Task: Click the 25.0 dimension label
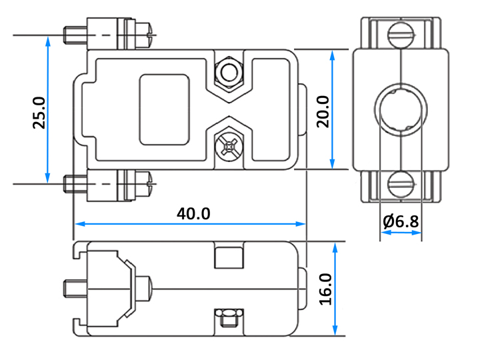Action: [39, 113]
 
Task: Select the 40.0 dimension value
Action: [193, 214]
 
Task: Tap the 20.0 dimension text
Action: [323, 111]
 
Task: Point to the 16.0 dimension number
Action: [326, 289]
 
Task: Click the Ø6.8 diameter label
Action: [401, 221]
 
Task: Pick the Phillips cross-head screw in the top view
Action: [229, 147]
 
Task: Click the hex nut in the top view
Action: [229, 72]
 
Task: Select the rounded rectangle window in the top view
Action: [165, 109]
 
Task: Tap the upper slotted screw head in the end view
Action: [401, 35]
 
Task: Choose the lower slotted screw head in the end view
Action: [401, 184]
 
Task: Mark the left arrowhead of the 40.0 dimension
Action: [79, 224]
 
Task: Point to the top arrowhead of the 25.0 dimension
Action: [48, 41]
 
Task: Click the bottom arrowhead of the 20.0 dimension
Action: [333, 164]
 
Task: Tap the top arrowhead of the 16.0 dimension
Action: [335, 248]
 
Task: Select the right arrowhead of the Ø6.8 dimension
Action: [417, 233]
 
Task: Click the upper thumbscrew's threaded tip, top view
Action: [75, 35]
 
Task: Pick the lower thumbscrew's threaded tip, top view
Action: [75, 184]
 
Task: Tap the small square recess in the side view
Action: [229, 258]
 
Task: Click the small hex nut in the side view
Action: [229, 318]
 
